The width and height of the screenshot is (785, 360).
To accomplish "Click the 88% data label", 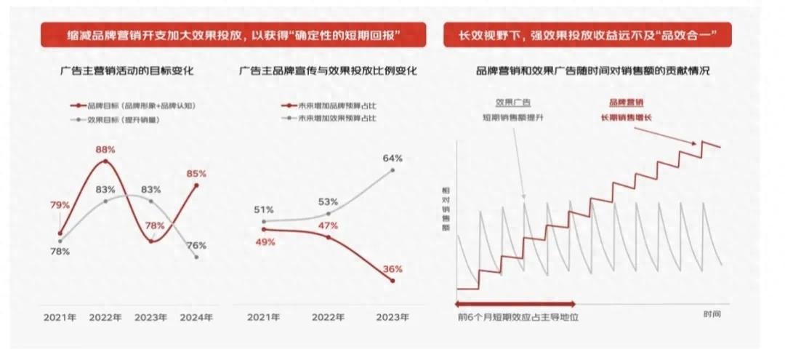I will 106,150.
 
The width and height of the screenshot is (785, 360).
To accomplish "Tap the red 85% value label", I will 196,174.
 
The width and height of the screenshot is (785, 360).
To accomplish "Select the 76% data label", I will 196,245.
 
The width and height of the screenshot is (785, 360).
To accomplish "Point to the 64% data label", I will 392,158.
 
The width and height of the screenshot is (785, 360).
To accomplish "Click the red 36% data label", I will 392,269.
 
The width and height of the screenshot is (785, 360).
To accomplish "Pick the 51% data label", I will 263,211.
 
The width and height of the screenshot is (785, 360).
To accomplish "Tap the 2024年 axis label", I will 196,318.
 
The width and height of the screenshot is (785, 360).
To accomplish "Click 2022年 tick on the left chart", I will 106,318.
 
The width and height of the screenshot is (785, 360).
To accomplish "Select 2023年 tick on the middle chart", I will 392,318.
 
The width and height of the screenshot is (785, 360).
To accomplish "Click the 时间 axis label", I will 712,313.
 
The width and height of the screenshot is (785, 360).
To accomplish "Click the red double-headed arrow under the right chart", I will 515,302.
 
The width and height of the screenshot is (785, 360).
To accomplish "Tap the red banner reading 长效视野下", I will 587,35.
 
